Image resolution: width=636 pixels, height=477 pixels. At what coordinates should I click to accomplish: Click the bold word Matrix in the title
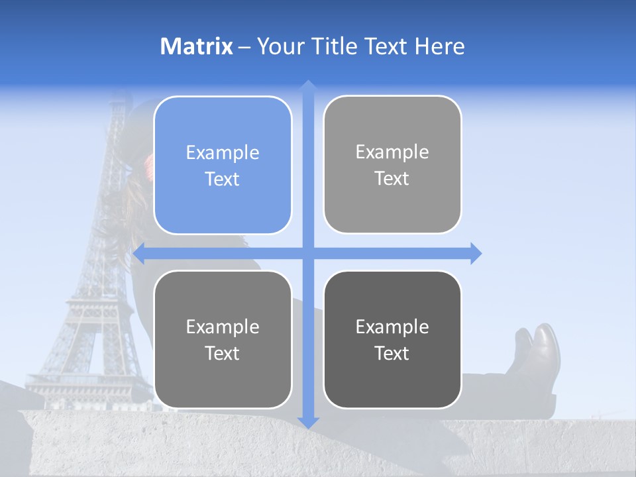tap(197, 46)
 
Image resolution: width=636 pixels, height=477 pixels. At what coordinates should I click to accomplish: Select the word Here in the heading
tap(439, 46)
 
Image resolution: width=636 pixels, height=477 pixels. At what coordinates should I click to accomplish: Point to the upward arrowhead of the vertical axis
tap(308, 85)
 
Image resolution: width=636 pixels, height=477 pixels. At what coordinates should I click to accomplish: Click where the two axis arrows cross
tap(308, 253)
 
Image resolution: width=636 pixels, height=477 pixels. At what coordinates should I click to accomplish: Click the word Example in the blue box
tap(223, 153)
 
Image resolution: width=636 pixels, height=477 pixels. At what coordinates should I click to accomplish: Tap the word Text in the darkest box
tap(392, 353)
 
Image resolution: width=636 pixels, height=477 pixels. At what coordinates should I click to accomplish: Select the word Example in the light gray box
tap(392, 152)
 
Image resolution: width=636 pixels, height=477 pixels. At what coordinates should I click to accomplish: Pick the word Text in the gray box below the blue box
tap(223, 353)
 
